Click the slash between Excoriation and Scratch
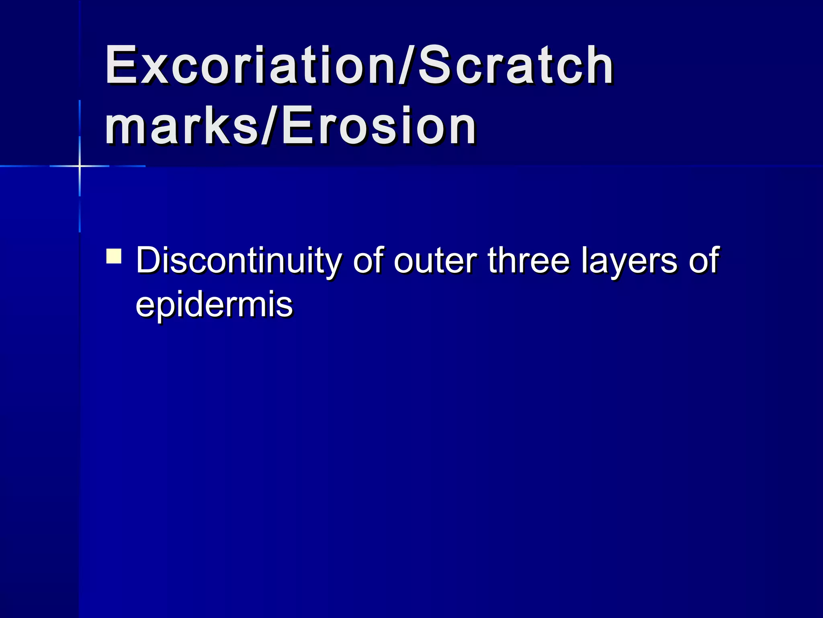(x=408, y=65)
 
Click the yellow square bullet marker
(x=114, y=256)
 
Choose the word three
(x=529, y=261)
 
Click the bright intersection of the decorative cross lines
(x=80, y=166)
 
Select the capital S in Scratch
(x=436, y=65)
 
